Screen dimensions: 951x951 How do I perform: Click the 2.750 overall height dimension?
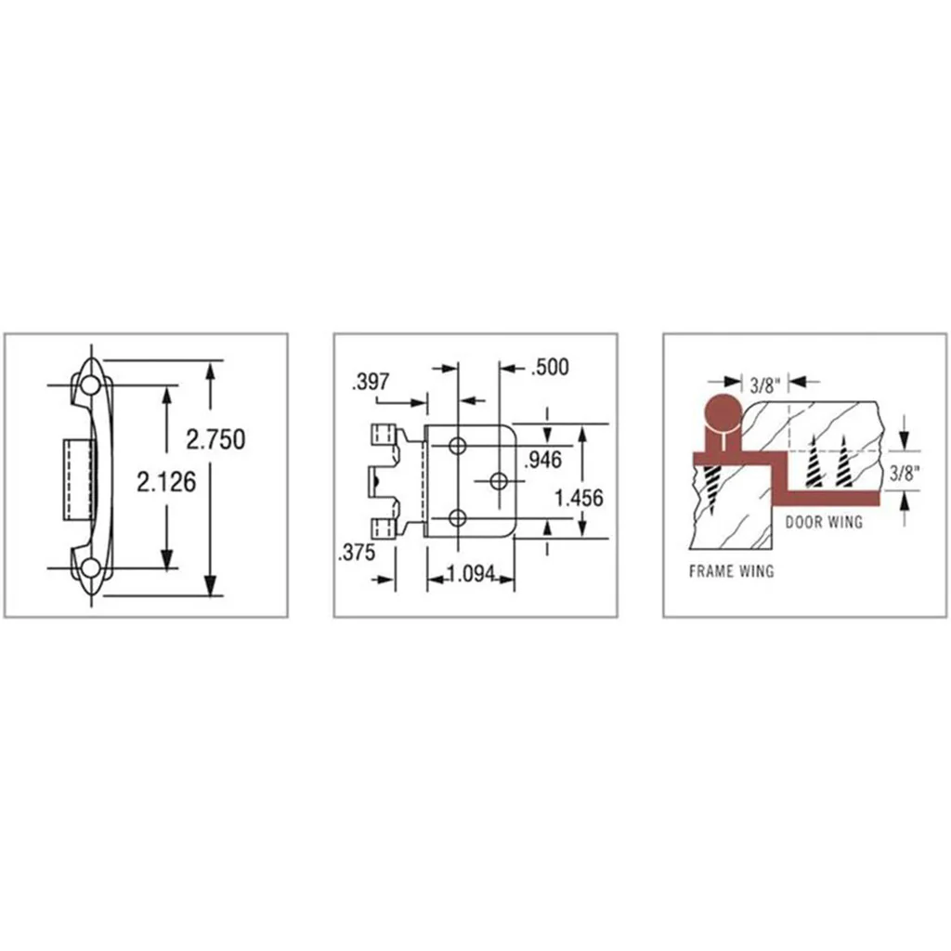(x=215, y=438)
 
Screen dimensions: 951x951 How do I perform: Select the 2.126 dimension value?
(x=166, y=482)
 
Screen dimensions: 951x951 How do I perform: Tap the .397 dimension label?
(x=371, y=382)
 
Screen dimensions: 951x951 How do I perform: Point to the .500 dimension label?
(x=549, y=367)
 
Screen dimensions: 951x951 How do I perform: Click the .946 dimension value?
(x=541, y=458)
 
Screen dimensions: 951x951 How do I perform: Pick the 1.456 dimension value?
(x=579, y=498)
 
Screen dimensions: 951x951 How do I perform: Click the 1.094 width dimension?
(x=470, y=575)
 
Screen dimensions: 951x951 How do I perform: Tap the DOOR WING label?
(x=824, y=522)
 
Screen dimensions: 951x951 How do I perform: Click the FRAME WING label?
(x=731, y=571)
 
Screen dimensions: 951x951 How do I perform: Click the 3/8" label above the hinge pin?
(x=762, y=385)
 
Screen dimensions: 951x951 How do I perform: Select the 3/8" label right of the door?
(x=904, y=473)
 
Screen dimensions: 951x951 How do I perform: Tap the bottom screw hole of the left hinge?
(x=90, y=567)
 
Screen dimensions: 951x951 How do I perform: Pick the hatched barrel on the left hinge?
(x=79, y=478)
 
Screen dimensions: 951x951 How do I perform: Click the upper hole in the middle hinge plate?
(x=457, y=446)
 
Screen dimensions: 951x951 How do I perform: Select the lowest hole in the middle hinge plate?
(x=457, y=517)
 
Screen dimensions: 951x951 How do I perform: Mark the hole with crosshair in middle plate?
(x=499, y=480)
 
